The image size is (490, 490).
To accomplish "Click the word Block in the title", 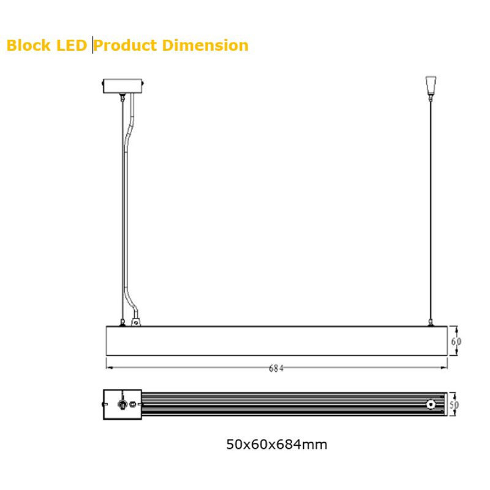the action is point(28,45).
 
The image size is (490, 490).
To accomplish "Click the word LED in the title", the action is point(71,45).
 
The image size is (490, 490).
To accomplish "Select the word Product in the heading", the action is point(125,45).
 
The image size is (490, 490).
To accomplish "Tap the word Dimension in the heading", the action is point(205,45).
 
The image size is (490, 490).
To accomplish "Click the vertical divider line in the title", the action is point(92,45).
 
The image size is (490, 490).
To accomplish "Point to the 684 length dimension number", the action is point(276,369).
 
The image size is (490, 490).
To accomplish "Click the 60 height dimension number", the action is point(456,342).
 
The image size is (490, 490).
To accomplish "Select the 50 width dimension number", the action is point(454,405).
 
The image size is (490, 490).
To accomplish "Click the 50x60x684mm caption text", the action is point(277,444).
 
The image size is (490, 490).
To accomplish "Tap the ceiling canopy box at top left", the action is point(123,86).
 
